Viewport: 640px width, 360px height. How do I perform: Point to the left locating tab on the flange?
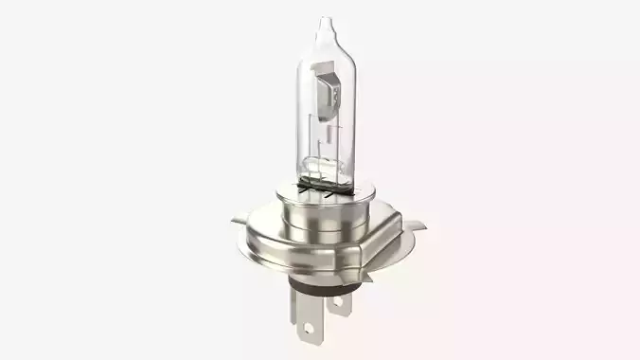tap(236, 223)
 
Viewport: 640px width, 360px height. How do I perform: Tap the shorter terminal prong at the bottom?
tap(340, 301)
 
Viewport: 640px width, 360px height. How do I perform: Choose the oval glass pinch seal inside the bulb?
tap(320, 171)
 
